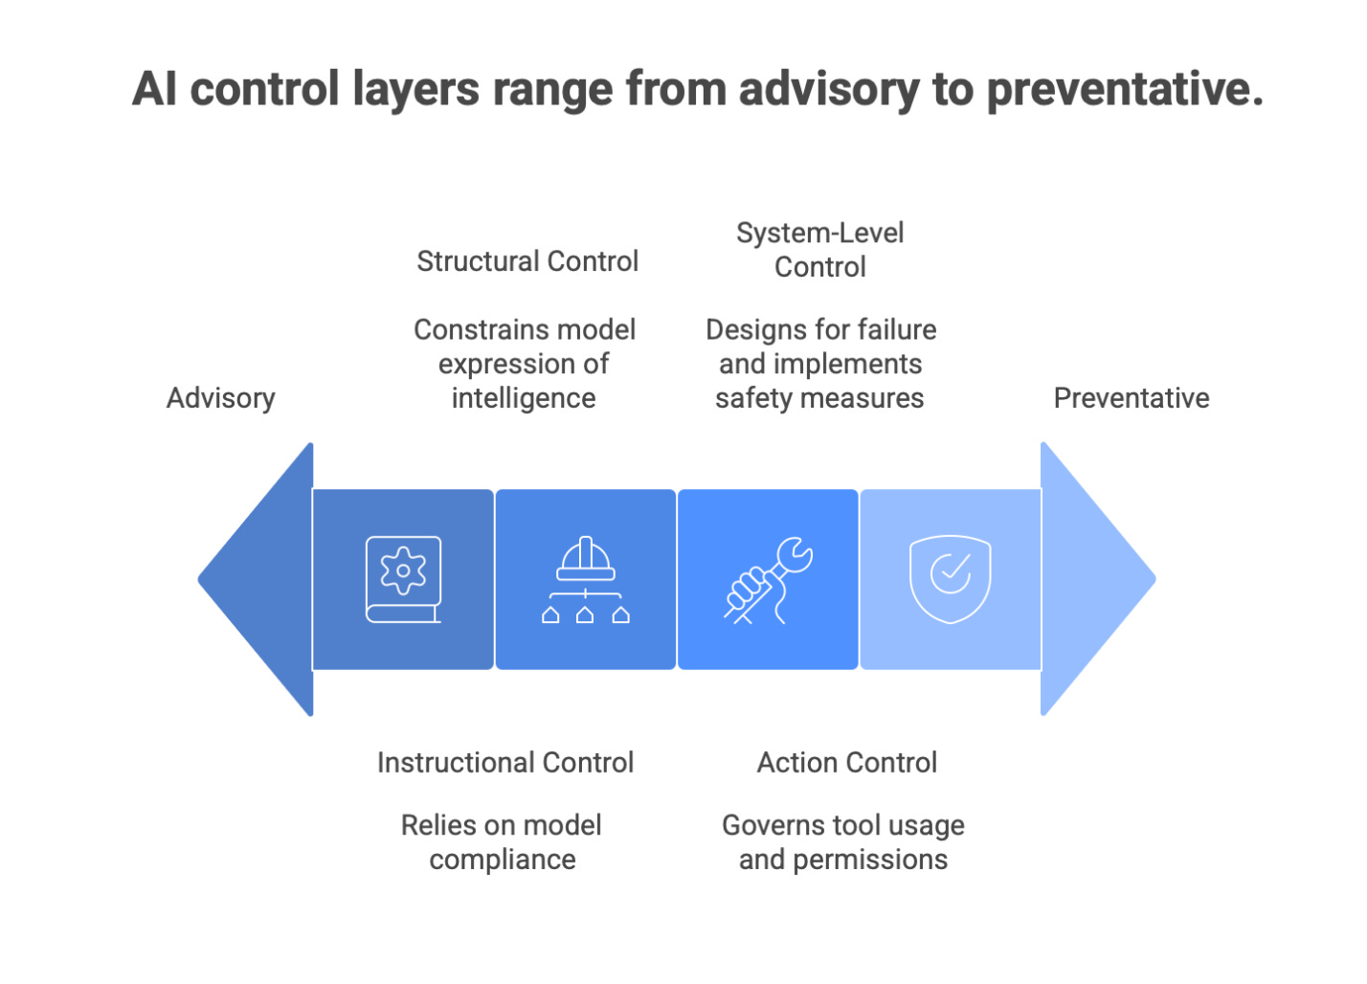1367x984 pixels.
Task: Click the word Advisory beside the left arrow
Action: [x=221, y=398]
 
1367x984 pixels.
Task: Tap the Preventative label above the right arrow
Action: [x=1131, y=398]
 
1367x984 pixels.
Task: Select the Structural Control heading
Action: [x=527, y=261]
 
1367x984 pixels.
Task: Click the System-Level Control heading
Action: [x=820, y=250]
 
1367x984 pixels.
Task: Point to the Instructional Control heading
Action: [x=505, y=763]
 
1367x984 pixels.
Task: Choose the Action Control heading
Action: [x=847, y=763]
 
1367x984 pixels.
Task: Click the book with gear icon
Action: [x=403, y=579]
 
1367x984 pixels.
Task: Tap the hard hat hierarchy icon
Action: [x=585, y=579]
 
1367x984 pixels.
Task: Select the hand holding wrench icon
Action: [x=768, y=580]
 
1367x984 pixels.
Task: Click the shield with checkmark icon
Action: [x=951, y=578]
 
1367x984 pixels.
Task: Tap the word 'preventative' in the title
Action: [x=1125, y=90]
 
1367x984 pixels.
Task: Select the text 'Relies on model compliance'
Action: [x=502, y=842]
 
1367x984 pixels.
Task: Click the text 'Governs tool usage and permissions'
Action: [x=843, y=842]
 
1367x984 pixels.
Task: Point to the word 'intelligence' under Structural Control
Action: [x=524, y=398]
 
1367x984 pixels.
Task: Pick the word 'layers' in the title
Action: [x=416, y=90]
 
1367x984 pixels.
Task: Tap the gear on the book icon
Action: [x=403, y=570]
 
